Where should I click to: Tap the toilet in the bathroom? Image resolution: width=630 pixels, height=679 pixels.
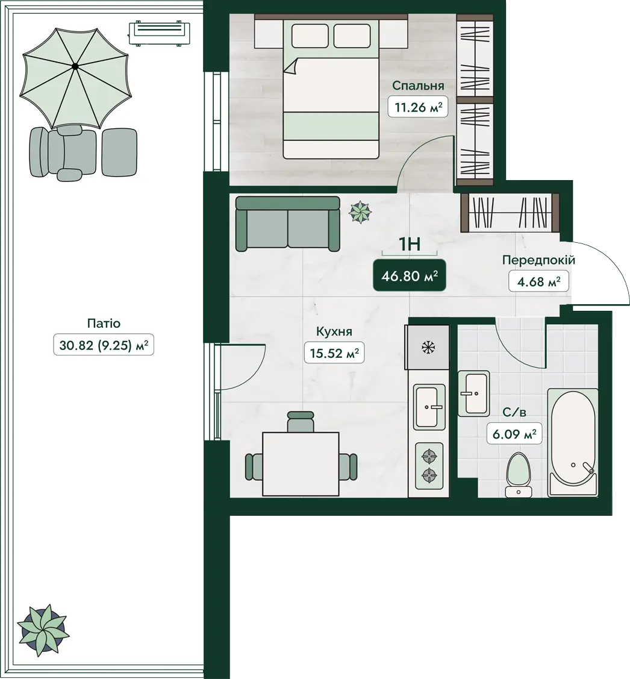[519, 475]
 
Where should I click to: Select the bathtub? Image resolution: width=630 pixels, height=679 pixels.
[573, 443]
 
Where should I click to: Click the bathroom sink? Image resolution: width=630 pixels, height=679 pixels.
[474, 393]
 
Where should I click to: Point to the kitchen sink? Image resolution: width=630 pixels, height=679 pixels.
[429, 407]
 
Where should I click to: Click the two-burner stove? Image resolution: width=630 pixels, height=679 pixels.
[429, 466]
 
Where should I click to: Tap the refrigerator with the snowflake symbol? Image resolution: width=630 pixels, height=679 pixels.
[428, 347]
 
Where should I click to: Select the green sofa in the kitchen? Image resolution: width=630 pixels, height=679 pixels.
[287, 224]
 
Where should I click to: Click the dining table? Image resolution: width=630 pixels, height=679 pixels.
[301, 464]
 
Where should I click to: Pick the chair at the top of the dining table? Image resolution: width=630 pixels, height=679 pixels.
[301, 421]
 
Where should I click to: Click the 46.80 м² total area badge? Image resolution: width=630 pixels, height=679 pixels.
[409, 275]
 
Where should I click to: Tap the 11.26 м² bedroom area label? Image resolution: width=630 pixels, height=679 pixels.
[417, 107]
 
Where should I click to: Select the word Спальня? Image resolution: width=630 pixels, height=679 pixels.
[418, 86]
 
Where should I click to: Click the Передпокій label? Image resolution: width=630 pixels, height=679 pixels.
[538, 260]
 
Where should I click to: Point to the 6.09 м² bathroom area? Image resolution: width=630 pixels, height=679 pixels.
[514, 433]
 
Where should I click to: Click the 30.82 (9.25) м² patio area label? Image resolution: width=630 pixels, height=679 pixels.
[104, 345]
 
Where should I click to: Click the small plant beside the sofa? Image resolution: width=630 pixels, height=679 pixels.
[361, 212]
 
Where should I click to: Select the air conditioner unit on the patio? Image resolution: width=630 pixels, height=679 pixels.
[160, 33]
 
